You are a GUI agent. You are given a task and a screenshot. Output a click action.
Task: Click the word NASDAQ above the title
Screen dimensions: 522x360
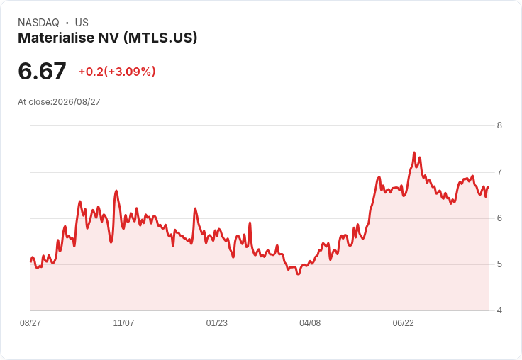tap(38, 23)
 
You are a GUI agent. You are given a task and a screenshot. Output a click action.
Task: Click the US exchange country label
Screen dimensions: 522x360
tap(82, 23)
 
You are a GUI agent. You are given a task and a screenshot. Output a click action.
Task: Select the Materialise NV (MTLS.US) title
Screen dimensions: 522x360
tap(108, 38)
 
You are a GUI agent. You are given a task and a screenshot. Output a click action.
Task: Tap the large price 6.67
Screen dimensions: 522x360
tap(42, 71)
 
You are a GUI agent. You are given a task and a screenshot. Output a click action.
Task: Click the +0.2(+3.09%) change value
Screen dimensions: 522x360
tap(117, 72)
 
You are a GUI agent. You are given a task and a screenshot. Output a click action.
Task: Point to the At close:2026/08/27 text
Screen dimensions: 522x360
tap(59, 102)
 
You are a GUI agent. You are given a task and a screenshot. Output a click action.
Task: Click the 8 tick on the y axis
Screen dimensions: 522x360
tap(499, 125)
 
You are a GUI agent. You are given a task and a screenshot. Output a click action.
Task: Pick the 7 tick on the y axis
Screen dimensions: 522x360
tap(499, 172)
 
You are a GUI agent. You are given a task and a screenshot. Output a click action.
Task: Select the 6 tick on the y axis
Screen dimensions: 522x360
tap(499, 218)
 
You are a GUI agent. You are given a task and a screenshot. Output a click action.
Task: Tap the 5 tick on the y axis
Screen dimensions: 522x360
tap(499, 264)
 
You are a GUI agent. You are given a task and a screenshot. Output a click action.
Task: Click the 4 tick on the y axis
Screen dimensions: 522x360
tap(499, 310)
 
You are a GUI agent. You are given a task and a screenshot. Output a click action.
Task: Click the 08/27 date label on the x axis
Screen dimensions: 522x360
tap(30, 322)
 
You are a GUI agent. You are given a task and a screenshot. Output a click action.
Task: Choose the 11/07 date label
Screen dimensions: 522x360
tap(123, 322)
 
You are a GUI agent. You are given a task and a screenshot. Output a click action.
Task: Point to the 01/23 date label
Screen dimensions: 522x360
tap(217, 322)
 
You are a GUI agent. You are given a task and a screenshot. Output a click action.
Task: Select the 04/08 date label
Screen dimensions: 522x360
tap(310, 322)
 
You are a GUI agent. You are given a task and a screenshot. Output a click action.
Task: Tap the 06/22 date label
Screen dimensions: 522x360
tap(403, 322)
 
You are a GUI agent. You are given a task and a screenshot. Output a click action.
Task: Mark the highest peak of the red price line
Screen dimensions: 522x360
tap(414, 153)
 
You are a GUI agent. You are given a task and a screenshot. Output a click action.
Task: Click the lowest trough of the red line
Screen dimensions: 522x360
tap(299, 274)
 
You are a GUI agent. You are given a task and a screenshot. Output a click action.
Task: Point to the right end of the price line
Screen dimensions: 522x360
tap(489, 187)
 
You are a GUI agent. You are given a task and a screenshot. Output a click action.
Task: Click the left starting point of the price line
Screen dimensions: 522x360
tap(30, 261)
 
